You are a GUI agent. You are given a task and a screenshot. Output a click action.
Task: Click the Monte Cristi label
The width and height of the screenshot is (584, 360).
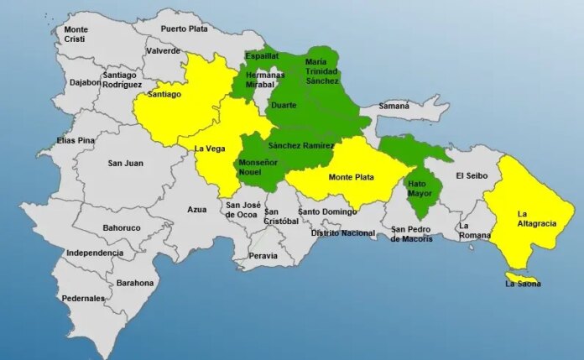click(x=76, y=34)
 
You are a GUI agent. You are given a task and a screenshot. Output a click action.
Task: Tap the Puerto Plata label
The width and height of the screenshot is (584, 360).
click(x=184, y=29)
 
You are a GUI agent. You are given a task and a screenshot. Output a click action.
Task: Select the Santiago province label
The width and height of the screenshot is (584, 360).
click(x=164, y=95)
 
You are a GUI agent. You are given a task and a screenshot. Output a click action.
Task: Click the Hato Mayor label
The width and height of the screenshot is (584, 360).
click(x=420, y=188)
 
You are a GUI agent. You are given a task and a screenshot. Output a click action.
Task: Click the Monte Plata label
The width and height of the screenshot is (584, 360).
click(x=352, y=177)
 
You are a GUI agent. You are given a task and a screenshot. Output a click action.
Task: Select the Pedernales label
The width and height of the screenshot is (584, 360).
click(x=83, y=298)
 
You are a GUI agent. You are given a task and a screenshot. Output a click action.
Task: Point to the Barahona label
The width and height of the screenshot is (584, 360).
click(x=135, y=283)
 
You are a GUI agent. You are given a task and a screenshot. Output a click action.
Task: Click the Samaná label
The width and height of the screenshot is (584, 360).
click(x=394, y=107)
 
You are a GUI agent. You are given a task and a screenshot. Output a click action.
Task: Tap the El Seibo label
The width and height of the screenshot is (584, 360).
click(x=472, y=175)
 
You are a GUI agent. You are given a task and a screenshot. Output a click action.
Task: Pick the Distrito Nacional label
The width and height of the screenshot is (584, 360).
click(x=342, y=232)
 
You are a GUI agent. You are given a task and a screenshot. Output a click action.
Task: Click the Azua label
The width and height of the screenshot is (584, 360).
click(x=196, y=209)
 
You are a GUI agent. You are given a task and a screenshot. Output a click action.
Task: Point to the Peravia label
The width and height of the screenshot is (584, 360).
click(x=263, y=254)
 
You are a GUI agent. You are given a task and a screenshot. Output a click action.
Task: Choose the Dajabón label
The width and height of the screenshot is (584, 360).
click(x=85, y=82)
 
